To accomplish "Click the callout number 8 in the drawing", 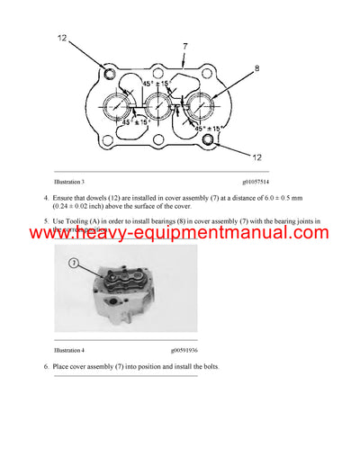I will click(256, 67).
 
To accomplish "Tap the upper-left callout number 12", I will click(61, 38).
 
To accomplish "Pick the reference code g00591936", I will click(260, 349).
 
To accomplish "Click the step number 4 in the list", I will click(46, 197).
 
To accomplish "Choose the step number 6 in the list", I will click(46, 367).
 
